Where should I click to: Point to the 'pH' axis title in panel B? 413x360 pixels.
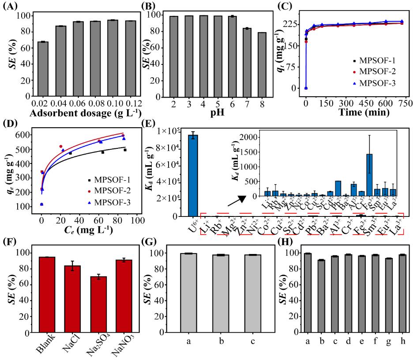tap(212, 114)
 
